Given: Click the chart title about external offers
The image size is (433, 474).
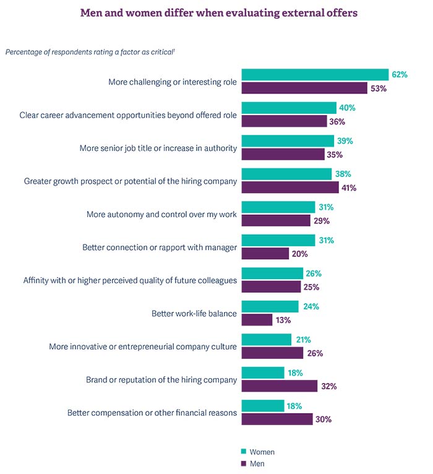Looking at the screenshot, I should (x=219, y=12).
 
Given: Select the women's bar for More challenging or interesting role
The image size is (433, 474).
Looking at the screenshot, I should (x=315, y=75).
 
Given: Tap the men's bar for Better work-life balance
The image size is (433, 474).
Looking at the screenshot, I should (x=257, y=320).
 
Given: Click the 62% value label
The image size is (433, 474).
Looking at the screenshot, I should (x=399, y=75).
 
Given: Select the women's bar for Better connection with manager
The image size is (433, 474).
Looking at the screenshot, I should (x=278, y=240).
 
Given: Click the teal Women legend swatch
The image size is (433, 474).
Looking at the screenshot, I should (x=243, y=452).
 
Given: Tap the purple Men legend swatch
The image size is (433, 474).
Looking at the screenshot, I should (x=243, y=463).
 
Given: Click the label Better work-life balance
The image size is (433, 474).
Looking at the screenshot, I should (x=194, y=314).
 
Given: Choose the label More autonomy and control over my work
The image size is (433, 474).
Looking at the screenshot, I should (x=161, y=215).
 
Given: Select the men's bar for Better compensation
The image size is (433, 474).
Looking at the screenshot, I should (x=277, y=419).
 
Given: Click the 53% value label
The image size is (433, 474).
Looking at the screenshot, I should (x=378, y=88).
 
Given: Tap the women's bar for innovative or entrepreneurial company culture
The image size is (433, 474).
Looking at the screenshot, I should (x=266, y=340).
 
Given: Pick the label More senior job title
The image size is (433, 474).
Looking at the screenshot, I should (x=158, y=149).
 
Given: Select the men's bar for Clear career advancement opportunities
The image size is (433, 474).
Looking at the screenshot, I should (x=284, y=121).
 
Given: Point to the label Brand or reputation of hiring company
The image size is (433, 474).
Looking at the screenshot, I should (x=160, y=380).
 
